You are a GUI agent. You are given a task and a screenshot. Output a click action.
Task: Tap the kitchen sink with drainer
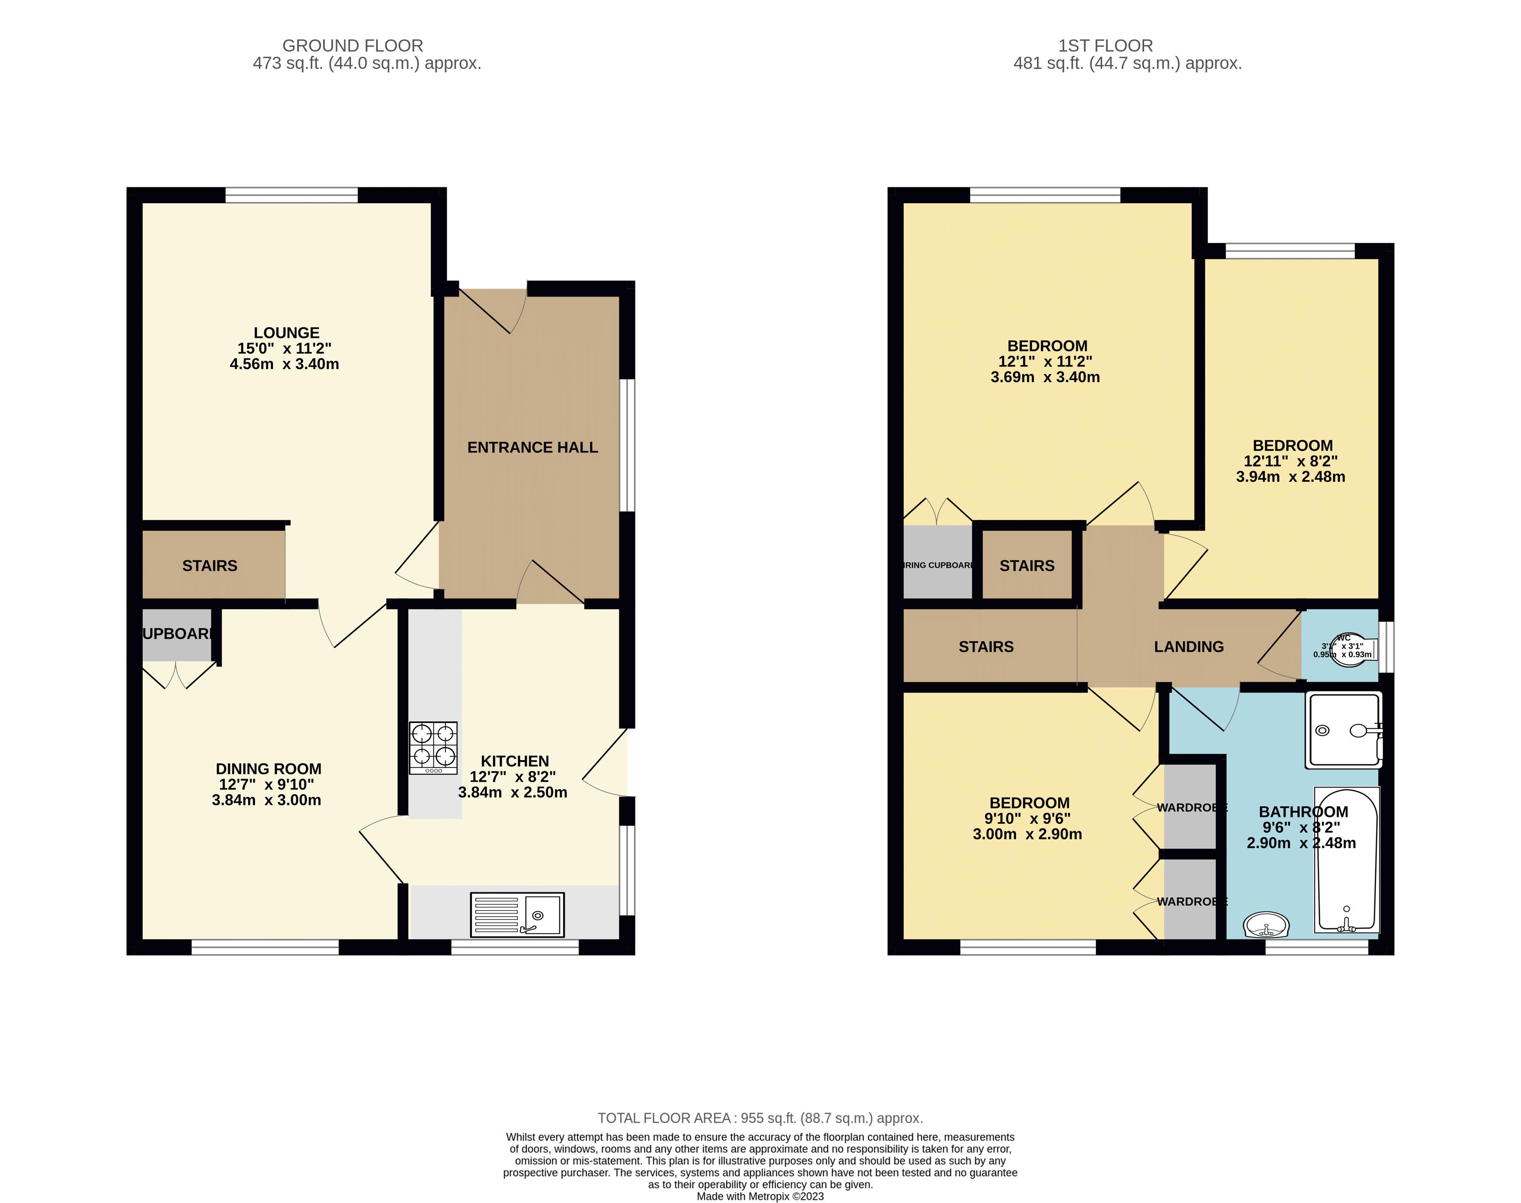pyautogui.click(x=517, y=915)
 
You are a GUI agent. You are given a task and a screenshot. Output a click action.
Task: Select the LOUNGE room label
pyautogui.click(x=286, y=332)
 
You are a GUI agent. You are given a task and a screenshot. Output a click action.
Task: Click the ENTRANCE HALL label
pyautogui.click(x=532, y=447)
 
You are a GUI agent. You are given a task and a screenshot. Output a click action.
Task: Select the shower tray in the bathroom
pyautogui.click(x=1343, y=730)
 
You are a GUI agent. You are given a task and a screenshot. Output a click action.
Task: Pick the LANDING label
pyautogui.click(x=1188, y=647)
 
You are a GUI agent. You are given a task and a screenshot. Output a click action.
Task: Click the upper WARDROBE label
pyautogui.click(x=1191, y=808)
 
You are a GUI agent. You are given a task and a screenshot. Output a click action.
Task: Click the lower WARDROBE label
pyautogui.click(x=1191, y=901)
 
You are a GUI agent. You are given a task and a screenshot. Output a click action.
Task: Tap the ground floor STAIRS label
pyautogui.click(x=209, y=566)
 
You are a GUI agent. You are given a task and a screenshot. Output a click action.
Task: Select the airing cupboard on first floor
pyautogui.click(x=937, y=565)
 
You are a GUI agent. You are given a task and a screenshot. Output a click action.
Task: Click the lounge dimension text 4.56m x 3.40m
pyautogui.click(x=284, y=364)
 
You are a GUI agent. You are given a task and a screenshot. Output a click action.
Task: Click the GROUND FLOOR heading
pyautogui.click(x=353, y=46)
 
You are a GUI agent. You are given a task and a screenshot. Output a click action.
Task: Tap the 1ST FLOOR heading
pyautogui.click(x=1105, y=46)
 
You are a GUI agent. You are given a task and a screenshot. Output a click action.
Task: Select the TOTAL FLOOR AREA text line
pyautogui.click(x=760, y=1118)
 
